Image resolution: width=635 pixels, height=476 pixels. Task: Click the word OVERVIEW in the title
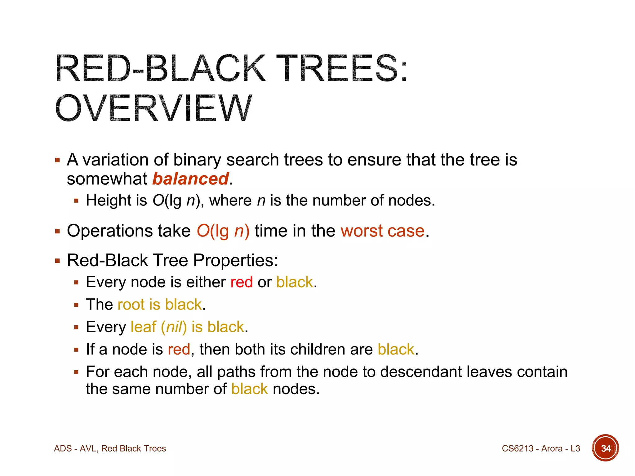pos(153,108)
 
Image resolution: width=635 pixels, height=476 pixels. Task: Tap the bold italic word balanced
pos(190,179)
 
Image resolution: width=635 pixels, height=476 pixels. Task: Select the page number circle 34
pos(605,448)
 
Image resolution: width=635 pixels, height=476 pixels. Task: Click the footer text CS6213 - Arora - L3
pos(541,448)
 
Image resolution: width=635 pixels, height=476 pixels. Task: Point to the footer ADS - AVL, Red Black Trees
pos(110,448)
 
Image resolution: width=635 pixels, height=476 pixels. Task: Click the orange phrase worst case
pos(382,231)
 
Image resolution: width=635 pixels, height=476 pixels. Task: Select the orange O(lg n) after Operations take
pos(223,231)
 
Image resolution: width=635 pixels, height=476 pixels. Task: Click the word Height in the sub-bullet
pos(109,201)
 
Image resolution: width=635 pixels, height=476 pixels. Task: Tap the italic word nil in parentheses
pos(174,327)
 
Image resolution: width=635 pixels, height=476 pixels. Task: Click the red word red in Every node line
pos(242,282)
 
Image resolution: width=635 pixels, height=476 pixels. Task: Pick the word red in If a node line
pos(179,350)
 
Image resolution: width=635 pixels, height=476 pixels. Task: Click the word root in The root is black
pos(131,305)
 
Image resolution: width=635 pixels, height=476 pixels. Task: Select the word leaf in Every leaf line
pos(143,327)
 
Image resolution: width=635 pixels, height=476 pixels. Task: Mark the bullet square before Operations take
pos(57,231)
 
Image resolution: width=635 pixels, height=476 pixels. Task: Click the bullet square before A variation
pos(57,160)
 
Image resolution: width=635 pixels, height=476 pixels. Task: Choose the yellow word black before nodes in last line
pos(249,389)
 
